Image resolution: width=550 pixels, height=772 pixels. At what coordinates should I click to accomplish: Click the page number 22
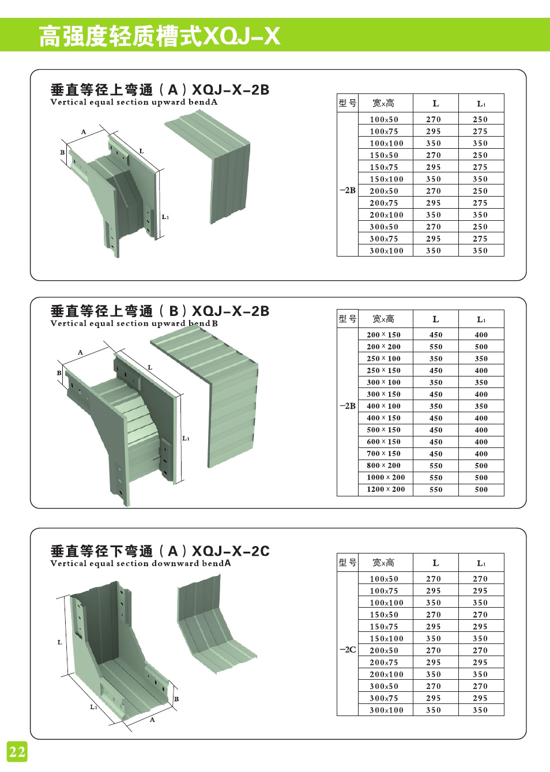[x=17, y=751]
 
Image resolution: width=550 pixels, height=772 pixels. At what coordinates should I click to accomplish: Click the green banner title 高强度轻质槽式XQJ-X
[x=159, y=36]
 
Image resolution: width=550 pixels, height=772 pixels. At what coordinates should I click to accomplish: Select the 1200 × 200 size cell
[x=386, y=489]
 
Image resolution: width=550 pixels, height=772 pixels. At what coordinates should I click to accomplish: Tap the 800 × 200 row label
[x=383, y=466]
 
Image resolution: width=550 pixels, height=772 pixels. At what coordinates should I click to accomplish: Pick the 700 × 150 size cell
[x=383, y=454]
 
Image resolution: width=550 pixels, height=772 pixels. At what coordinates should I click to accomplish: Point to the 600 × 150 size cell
[x=383, y=442]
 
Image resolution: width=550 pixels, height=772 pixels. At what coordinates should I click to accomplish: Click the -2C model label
[x=348, y=650]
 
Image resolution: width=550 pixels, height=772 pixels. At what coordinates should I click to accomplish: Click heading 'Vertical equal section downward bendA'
[x=140, y=563]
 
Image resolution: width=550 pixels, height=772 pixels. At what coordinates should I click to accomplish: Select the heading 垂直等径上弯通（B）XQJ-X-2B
[x=160, y=311]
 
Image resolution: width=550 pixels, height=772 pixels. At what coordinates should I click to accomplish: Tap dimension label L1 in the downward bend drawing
[x=93, y=707]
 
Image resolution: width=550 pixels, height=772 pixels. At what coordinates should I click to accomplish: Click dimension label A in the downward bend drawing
[x=152, y=720]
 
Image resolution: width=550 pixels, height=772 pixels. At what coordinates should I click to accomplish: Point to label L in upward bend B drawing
[x=150, y=367]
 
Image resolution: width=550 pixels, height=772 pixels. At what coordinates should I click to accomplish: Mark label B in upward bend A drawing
[x=62, y=152]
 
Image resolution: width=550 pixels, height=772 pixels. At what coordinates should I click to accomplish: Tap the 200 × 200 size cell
[x=383, y=347]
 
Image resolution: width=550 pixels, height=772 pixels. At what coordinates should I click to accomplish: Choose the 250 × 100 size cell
[x=383, y=359]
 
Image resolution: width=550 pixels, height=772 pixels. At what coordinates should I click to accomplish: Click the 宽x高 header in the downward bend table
[x=383, y=563]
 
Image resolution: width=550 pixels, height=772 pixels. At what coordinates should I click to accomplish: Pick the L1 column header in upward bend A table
[x=481, y=104]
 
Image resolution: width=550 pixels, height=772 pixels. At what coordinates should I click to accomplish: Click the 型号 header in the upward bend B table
[x=348, y=319]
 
